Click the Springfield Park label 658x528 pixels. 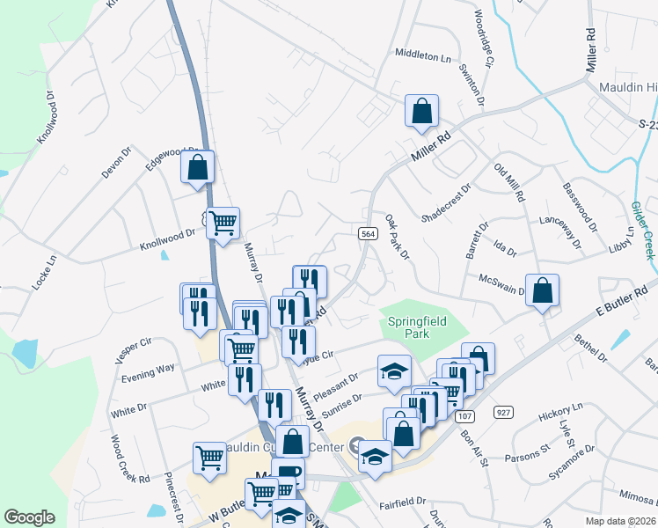(418, 327)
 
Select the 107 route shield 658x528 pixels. (466, 415)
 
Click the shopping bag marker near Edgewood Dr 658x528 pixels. (198, 166)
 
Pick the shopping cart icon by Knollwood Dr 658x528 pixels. (223, 224)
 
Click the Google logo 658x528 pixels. (29, 517)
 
